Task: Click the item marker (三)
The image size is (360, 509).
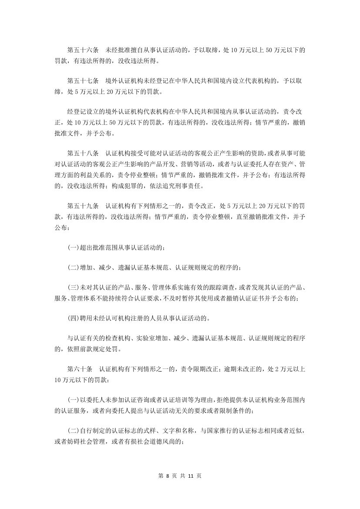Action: click(73, 288)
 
